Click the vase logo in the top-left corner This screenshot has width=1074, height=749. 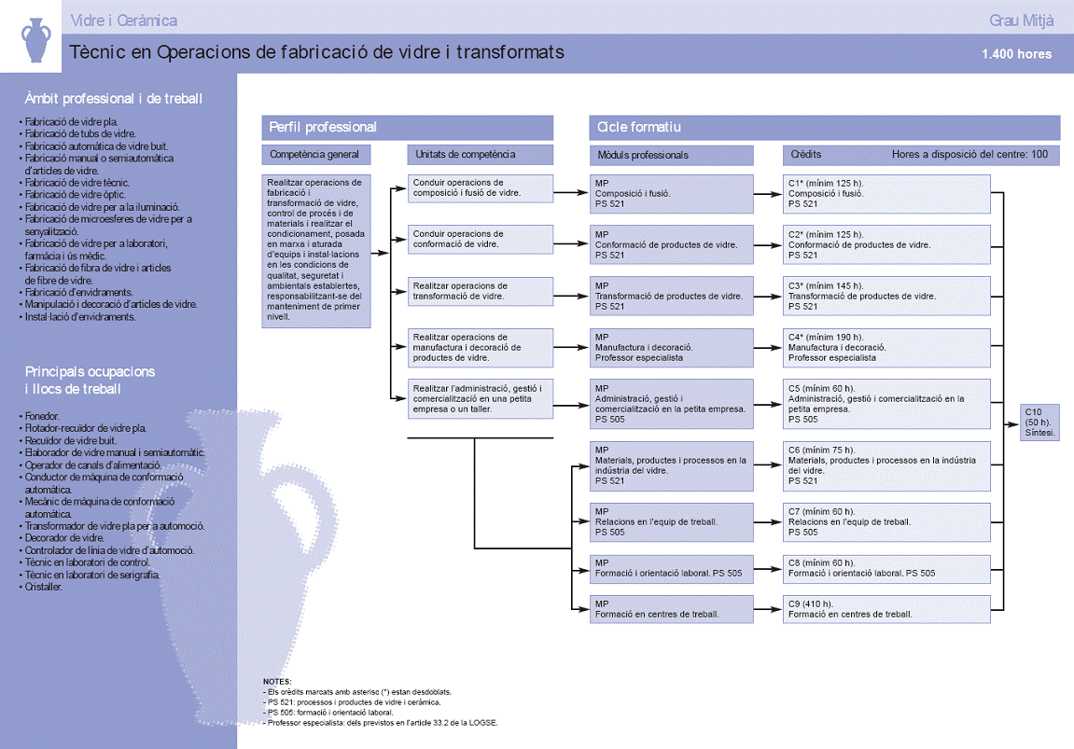click(x=36, y=40)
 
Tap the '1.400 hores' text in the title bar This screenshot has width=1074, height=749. click(x=1016, y=54)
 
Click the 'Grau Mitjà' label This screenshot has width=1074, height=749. click(x=1021, y=21)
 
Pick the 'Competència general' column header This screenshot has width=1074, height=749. click(x=315, y=155)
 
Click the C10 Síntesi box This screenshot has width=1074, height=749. click(x=1039, y=423)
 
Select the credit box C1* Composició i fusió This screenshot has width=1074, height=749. click(x=886, y=194)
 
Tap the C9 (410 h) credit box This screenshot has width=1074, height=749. click(x=886, y=609)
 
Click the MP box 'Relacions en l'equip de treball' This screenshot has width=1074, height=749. click(x=671, y=522)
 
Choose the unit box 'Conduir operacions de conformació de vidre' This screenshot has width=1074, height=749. click(x=481, y=240)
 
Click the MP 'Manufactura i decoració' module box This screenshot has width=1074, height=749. click(x=671, y=348)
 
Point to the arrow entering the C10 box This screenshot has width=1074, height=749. click(x=1011, y=423)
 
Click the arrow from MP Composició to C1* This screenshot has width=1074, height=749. click(x=768, y=194)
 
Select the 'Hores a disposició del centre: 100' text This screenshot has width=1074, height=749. click(x=969, y=155)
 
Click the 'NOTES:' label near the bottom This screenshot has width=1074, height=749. click(x=277, y=682)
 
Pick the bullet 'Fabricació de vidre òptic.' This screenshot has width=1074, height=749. click(x=73, y=194)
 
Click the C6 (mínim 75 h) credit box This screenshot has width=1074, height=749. click(x=886, y=465)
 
